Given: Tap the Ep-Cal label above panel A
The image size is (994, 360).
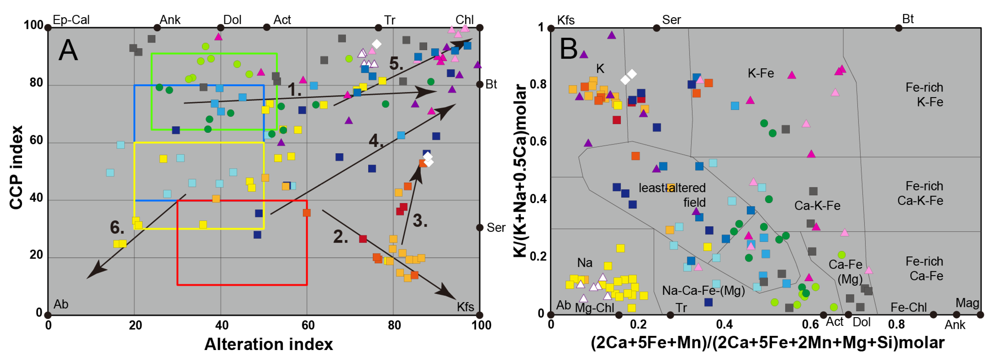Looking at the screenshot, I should click(71, 20).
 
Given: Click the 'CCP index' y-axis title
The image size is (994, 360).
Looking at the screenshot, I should click(16, 167).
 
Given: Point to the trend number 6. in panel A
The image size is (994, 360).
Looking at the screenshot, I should click(117, 227).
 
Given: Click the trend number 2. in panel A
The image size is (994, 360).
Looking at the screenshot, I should click(340, 237).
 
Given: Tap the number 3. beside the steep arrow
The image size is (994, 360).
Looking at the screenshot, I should click(420, 221).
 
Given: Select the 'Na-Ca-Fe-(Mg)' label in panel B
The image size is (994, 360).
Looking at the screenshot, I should click(703, 291).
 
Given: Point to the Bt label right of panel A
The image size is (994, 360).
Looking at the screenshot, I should click(491, 84).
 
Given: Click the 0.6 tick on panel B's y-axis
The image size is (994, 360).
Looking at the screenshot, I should click(538, 141).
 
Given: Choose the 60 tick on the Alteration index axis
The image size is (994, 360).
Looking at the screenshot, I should click(308, 325).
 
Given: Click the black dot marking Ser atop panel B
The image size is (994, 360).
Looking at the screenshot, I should click(656, 28).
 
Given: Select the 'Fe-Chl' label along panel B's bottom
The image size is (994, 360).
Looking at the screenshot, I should click(908, 307).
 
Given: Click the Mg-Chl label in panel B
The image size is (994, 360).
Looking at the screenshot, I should click(594, 307).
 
